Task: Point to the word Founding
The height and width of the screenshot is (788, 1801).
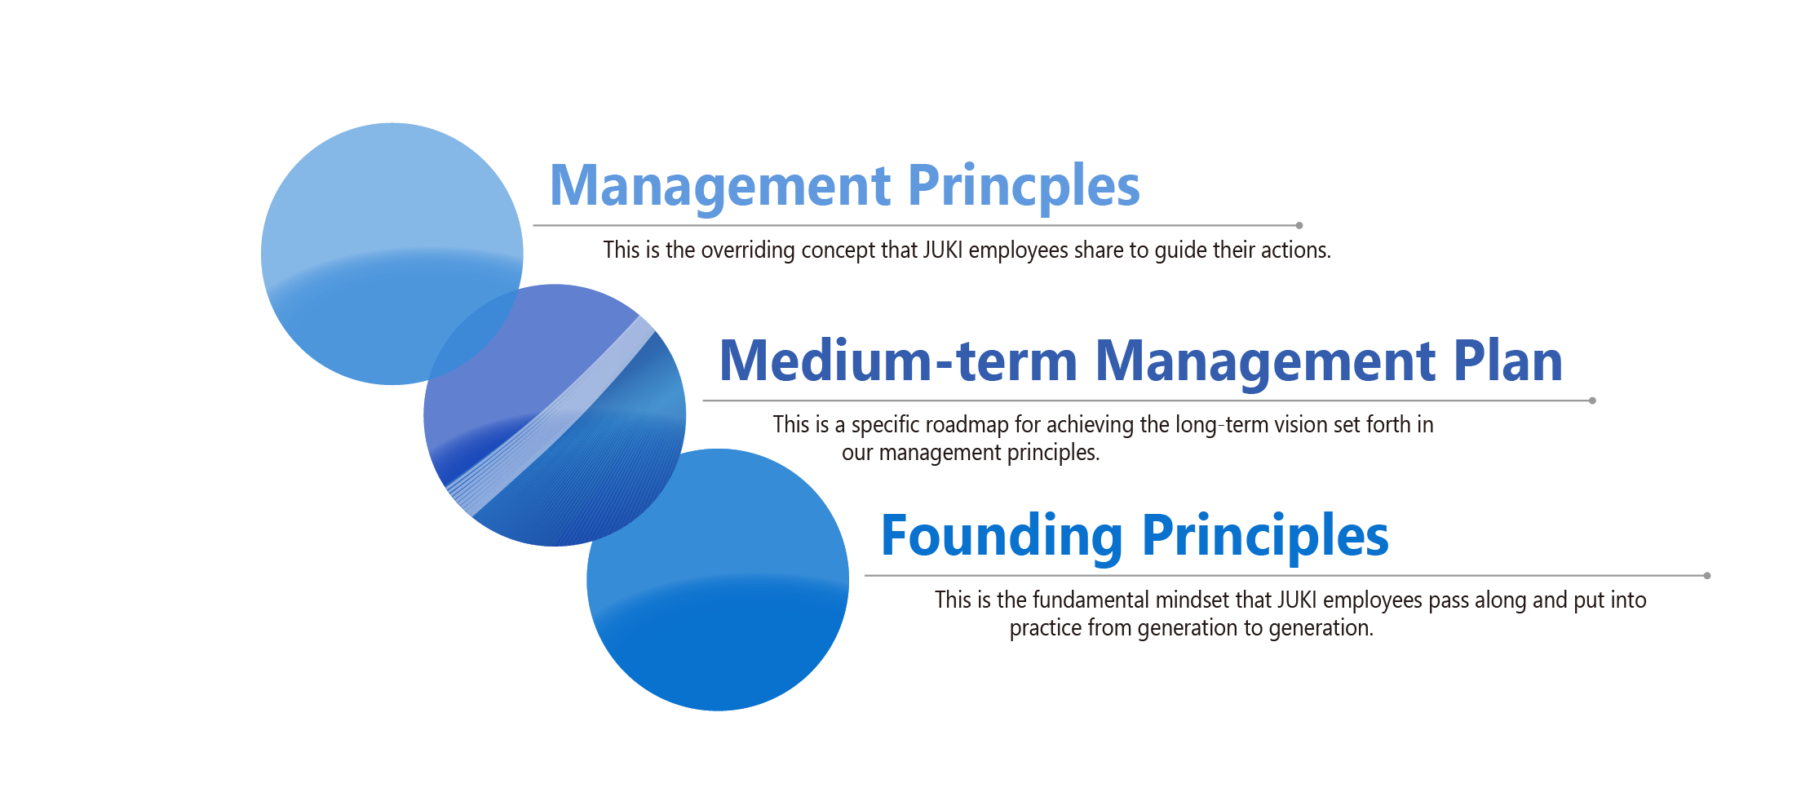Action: [x=1002, y=537]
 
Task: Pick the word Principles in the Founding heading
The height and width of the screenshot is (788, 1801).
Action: [x=1265, y=537]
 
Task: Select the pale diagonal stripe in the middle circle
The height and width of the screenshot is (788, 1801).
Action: [x=551, y=416]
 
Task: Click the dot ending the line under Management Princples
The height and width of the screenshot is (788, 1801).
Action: [x=1299, y=225]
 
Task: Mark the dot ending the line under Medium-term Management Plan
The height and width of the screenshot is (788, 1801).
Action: [x=1592, y=401]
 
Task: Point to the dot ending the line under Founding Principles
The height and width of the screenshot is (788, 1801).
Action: [x=1707, y=576]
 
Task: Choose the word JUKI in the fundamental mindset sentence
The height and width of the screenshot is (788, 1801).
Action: [x=1298, y=600]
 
